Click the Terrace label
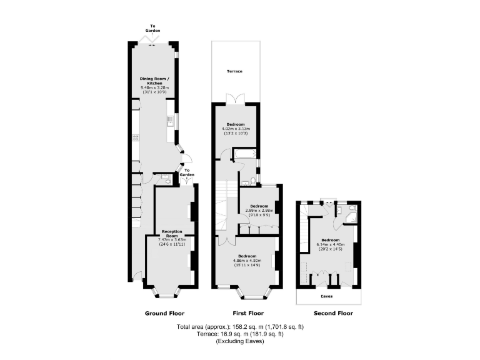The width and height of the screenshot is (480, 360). pos(234,71)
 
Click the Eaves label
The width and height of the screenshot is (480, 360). pos(327,297)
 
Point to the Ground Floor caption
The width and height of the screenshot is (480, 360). pos(164,313)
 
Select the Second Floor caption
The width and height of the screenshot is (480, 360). pos(332,313)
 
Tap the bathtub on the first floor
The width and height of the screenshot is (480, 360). pos(244,154)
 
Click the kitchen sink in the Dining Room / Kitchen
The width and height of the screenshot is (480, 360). pos(169,120)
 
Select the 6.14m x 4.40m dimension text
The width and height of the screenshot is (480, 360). pos(331,244)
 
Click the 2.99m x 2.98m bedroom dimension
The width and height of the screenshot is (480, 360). pos(259,211)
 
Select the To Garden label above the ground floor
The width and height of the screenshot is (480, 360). pos(153,28)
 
